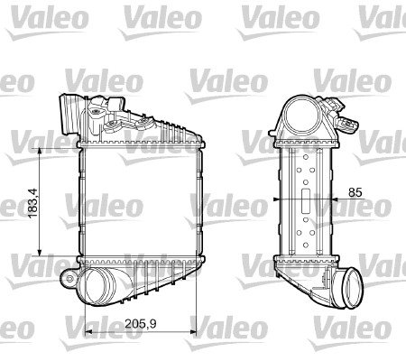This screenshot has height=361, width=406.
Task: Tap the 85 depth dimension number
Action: click(355, 191)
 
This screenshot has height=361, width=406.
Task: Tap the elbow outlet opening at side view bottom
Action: click(348, 292)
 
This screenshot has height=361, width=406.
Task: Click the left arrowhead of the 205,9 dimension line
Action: click(86, 331)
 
